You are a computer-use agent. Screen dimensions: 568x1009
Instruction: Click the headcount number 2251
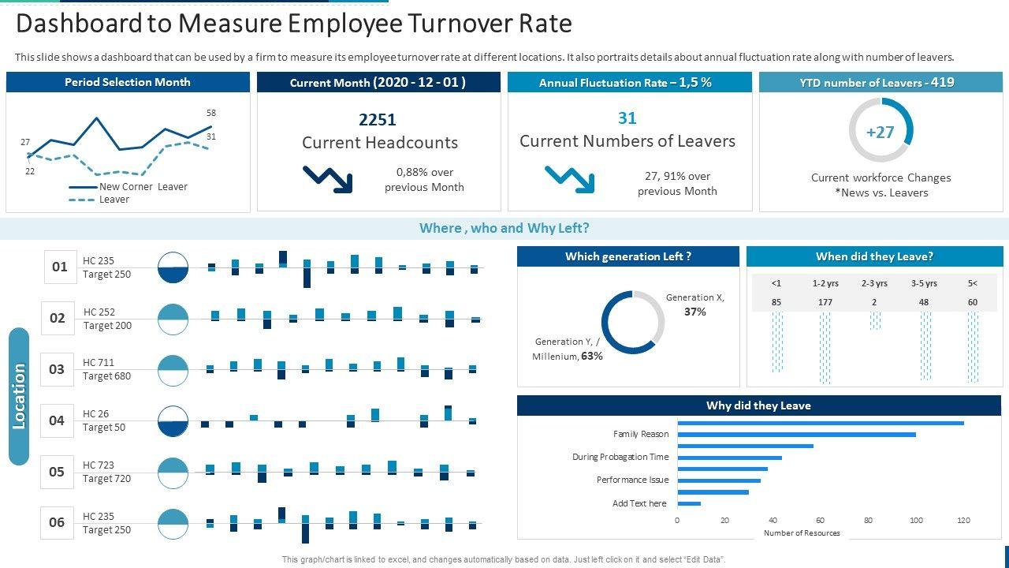pos(377,120)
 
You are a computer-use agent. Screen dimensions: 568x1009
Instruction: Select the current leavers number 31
pos(627,118)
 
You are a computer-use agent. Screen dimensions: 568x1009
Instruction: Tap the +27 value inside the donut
pos(880,132)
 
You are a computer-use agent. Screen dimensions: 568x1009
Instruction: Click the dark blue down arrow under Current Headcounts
pos(328,178)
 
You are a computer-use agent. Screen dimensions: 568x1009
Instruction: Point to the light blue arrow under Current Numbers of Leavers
pos(570,179)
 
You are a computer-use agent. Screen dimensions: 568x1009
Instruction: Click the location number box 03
pos(57,369)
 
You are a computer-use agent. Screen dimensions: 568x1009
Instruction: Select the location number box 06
pos(57,522)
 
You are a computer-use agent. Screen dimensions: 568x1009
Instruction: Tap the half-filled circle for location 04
pos(173,421)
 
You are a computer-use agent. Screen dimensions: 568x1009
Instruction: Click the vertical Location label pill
pos(19,396)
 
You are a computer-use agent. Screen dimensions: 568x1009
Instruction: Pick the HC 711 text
pos(99,363)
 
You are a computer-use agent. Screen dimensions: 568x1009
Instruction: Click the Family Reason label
pos(640,434)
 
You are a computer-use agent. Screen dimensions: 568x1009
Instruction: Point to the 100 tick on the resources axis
pos(916,521)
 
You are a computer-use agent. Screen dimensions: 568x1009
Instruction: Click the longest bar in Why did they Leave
pos(820,424)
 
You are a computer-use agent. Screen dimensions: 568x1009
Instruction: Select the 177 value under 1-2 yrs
pos(825,302)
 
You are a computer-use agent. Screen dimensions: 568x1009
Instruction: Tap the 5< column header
pos(972,283)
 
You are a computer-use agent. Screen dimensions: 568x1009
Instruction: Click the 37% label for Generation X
pos(694,312)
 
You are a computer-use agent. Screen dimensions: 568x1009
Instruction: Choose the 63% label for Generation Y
pos(591,357)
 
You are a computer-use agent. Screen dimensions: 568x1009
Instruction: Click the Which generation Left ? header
pos(627,256)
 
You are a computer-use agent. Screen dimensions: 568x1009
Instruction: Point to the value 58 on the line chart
pos(211,114)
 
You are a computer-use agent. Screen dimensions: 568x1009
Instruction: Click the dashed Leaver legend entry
pos(114,200)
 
